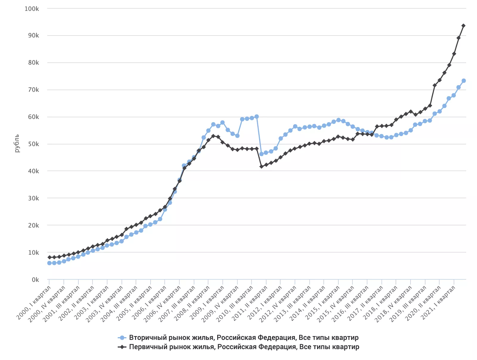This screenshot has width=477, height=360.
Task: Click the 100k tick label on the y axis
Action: [x=32, y=9]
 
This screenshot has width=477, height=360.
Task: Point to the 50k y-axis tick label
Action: [x=33, y=144]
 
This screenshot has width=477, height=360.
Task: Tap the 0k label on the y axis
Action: [x=35, y=280]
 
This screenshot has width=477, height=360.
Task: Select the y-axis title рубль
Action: [x=17, y=143]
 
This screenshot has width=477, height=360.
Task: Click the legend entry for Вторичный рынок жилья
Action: [x=244, y=338]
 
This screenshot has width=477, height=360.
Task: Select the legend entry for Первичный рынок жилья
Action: [x=244, y=347]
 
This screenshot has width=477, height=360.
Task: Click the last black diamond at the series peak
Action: [x=463, y=26]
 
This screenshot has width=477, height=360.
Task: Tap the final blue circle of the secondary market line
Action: [x=464, y=81]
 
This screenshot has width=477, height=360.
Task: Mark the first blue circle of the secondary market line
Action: [x=49, y=263]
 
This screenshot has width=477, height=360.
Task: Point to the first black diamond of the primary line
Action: [x=49, y=257]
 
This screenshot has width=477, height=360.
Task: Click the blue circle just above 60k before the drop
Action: [x=257, y=117]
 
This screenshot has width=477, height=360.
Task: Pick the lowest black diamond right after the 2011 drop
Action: [x=261, y=166]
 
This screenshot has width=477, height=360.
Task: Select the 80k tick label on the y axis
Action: [x=33, y=63]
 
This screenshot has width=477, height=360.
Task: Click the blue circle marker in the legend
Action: [x=122, y=338]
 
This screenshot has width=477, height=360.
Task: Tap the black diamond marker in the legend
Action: [x=122, y=347]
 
